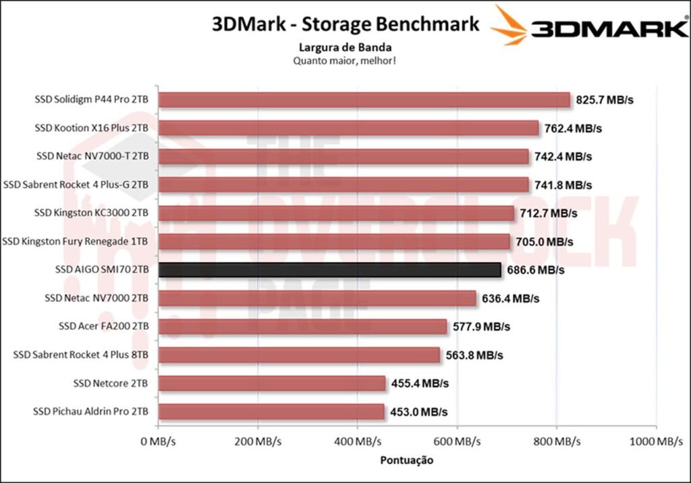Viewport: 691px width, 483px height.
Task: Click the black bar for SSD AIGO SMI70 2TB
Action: (x=329, y=270)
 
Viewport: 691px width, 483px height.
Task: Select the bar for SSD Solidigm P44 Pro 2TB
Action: (x=364, y=100)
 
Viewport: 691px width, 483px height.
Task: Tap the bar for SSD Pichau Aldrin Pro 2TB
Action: (x=271, y=411)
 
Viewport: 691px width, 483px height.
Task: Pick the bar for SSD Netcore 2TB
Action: (x=272, y=384)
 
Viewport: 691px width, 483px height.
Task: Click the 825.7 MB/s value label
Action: (x=605, y=100)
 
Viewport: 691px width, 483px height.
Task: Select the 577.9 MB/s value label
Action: (x=481, y=327)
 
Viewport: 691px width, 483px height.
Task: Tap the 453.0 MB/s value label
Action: (x=418, y=411)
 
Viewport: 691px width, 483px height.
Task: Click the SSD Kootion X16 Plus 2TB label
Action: (x=91, y=128)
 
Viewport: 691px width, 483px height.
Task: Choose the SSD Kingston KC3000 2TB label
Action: (x=91, y=213)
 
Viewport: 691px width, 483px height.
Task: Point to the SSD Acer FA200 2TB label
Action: (x=103, y=326)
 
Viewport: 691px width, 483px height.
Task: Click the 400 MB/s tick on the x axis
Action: (x=357, y=442)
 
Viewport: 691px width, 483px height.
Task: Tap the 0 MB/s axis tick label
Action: (x=158, y=442)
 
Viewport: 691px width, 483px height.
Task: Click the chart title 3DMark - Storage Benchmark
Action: (x=345, y=24)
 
